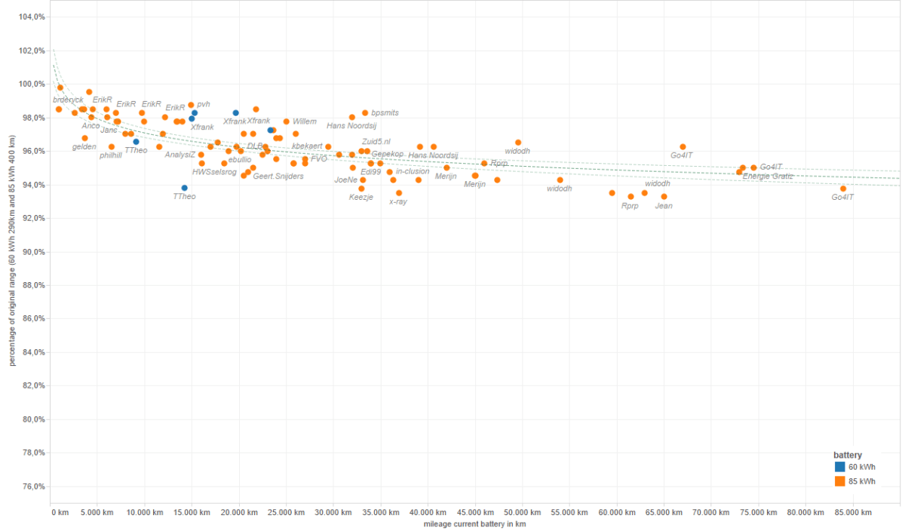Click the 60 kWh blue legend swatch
tap(839, 467)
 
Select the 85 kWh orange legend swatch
tap(839, 480)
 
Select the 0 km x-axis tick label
tap(60, 513)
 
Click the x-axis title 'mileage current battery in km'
tap(474, 524)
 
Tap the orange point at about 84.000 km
tap(843, 189)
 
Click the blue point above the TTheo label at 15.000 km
tap(184, 188)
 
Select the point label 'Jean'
tap(664, 206)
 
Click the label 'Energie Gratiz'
tap(768, 176)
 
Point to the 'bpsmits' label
tap(385, 112)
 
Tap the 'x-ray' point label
tap(397, 202)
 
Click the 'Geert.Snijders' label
tap(278, 176)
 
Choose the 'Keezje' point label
tap(360, 198)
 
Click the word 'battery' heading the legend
tap(848, 455)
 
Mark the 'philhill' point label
tap(110, 155)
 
